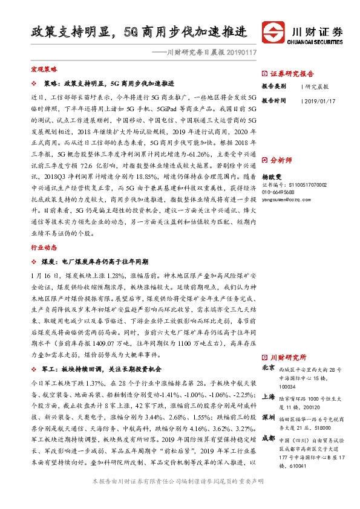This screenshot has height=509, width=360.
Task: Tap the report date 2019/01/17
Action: tap(321, 101)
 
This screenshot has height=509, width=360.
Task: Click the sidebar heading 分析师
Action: tap(281, 160)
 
